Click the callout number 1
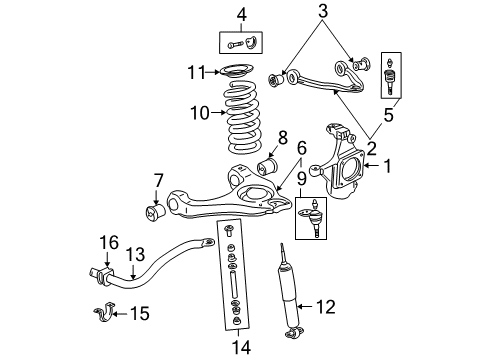pos(388,165)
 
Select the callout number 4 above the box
pos(240,13)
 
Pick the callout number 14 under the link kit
pos(238,348)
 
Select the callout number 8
pos(281,137)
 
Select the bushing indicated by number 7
pos(156,213)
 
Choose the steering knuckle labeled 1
pos(345,160)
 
